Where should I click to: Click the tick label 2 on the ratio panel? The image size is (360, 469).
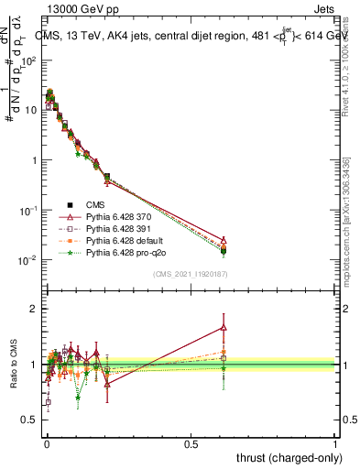coord(34,309)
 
